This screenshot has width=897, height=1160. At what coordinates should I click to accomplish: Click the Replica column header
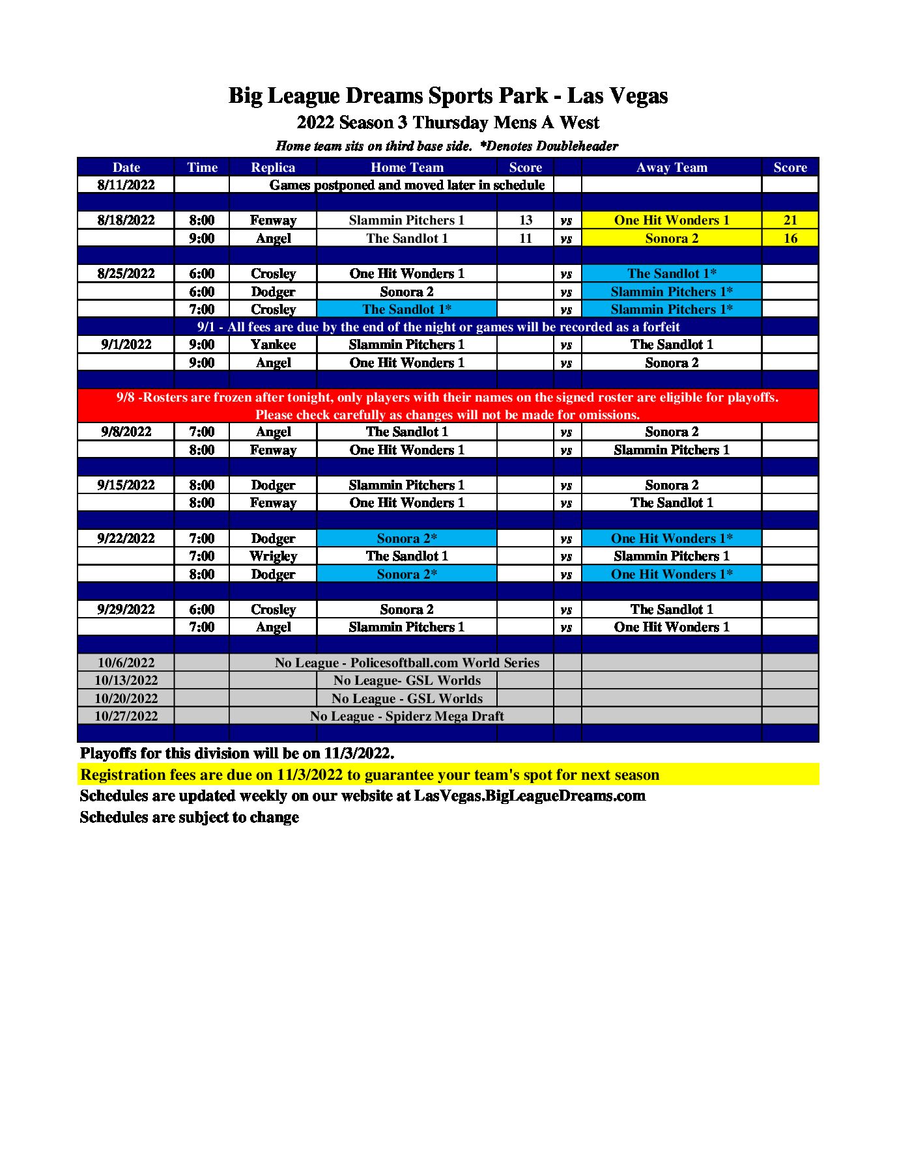click(273, 167)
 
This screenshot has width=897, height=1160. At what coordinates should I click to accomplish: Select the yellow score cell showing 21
click(790, 220)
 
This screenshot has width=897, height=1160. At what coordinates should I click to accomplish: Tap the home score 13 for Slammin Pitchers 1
click(525, 220)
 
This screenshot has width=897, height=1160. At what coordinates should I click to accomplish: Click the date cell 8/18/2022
click(126, 220)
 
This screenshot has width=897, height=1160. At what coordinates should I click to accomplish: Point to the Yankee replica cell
click(273, 344)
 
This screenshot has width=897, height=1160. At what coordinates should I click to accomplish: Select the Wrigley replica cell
click(273, 556)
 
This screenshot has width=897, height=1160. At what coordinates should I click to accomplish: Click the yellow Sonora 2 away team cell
click(671, 238)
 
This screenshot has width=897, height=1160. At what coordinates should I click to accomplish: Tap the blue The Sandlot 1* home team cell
click(406, 309)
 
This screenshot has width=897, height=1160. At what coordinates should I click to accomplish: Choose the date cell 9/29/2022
click(126, 609)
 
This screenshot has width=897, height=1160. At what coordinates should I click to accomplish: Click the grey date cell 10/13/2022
click(126, 680)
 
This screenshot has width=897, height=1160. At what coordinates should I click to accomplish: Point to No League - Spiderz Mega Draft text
click(406, 716)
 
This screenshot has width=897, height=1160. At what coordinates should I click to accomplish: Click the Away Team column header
click(671, 167)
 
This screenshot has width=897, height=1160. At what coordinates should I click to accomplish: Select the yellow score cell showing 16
click(790, 238)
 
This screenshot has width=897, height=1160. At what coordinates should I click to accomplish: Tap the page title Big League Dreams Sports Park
click(448, 96)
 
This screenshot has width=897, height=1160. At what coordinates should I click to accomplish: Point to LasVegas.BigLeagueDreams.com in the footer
click(530, 795)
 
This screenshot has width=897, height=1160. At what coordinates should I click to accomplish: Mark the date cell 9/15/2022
click(126, 485)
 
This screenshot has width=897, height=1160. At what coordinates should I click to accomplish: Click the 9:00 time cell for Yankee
click(202, 344)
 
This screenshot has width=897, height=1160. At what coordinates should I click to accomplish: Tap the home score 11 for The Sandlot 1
click(525, 238)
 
